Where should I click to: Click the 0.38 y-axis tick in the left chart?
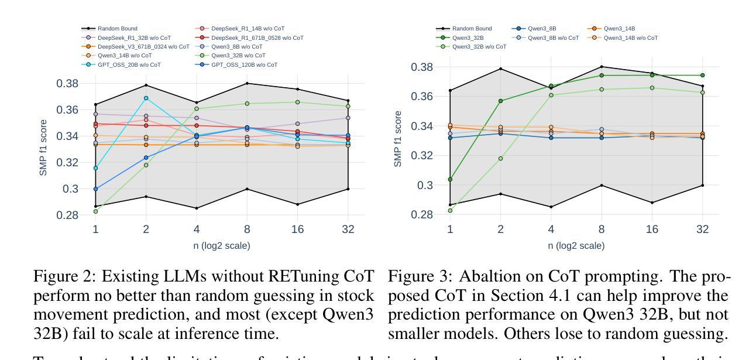67,83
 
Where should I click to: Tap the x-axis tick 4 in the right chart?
551,229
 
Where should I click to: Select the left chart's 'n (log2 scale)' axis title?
222,246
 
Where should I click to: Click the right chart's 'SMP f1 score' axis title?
398,139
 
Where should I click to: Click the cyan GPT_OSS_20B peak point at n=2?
146,98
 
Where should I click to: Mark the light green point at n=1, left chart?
95,211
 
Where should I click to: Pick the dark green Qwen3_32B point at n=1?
449,179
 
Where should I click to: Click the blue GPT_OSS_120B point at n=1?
95,189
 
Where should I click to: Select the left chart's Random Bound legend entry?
114,28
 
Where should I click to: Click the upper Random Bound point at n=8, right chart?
601,67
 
